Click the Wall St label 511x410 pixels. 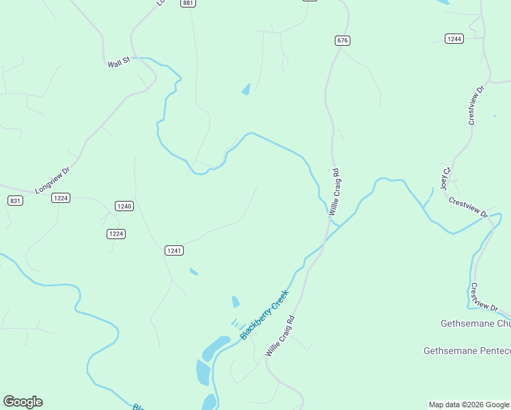click(x=119, y=64)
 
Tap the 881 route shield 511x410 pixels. click(x=189, y=3)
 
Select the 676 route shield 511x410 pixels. click(x=342, y=41)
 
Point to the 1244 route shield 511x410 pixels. click(x=454, y=39)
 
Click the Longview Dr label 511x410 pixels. click(x=53, y=181)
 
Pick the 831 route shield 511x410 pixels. click(x=15, y=200)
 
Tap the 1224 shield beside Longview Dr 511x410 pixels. click(x=61, y=198)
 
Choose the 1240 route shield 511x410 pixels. click(x=124, y=206)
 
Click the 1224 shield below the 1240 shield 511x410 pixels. click(x=116, y=234)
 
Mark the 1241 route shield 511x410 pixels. click(x=174, y=251)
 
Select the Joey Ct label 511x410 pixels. click(x=446, y=178)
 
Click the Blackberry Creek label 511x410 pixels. click(x=265, y=315)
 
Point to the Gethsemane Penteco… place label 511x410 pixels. click(x=467, y=351)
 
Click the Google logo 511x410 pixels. click(x=23, y=402)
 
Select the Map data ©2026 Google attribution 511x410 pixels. click(x=469, y=405)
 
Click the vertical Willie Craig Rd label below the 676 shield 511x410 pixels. click(x=334, y=192)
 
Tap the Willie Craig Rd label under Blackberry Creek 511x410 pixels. click(x=280, y=336)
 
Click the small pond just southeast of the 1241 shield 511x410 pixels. click(x=193, y=272)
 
